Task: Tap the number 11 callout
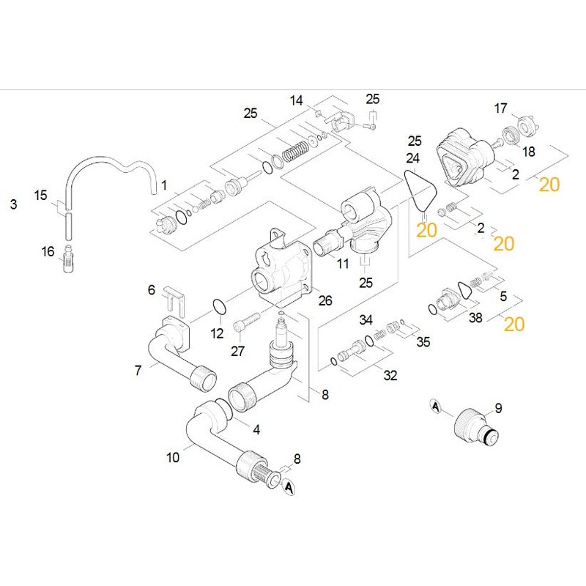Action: click(x=343, y=262)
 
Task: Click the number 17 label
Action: click(x=500, y=108)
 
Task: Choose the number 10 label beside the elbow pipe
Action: click(x=173, y=459)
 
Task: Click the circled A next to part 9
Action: click(x=436, y=406)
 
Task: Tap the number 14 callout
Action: click(x=296, y=100)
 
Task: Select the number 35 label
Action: click(x=424, y=342)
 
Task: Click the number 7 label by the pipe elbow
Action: click(x=138, y=371)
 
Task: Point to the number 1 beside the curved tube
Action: click(x=164, y=185)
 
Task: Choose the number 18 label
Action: click(x=529, y=151)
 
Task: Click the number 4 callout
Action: click(x=256, y=428)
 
